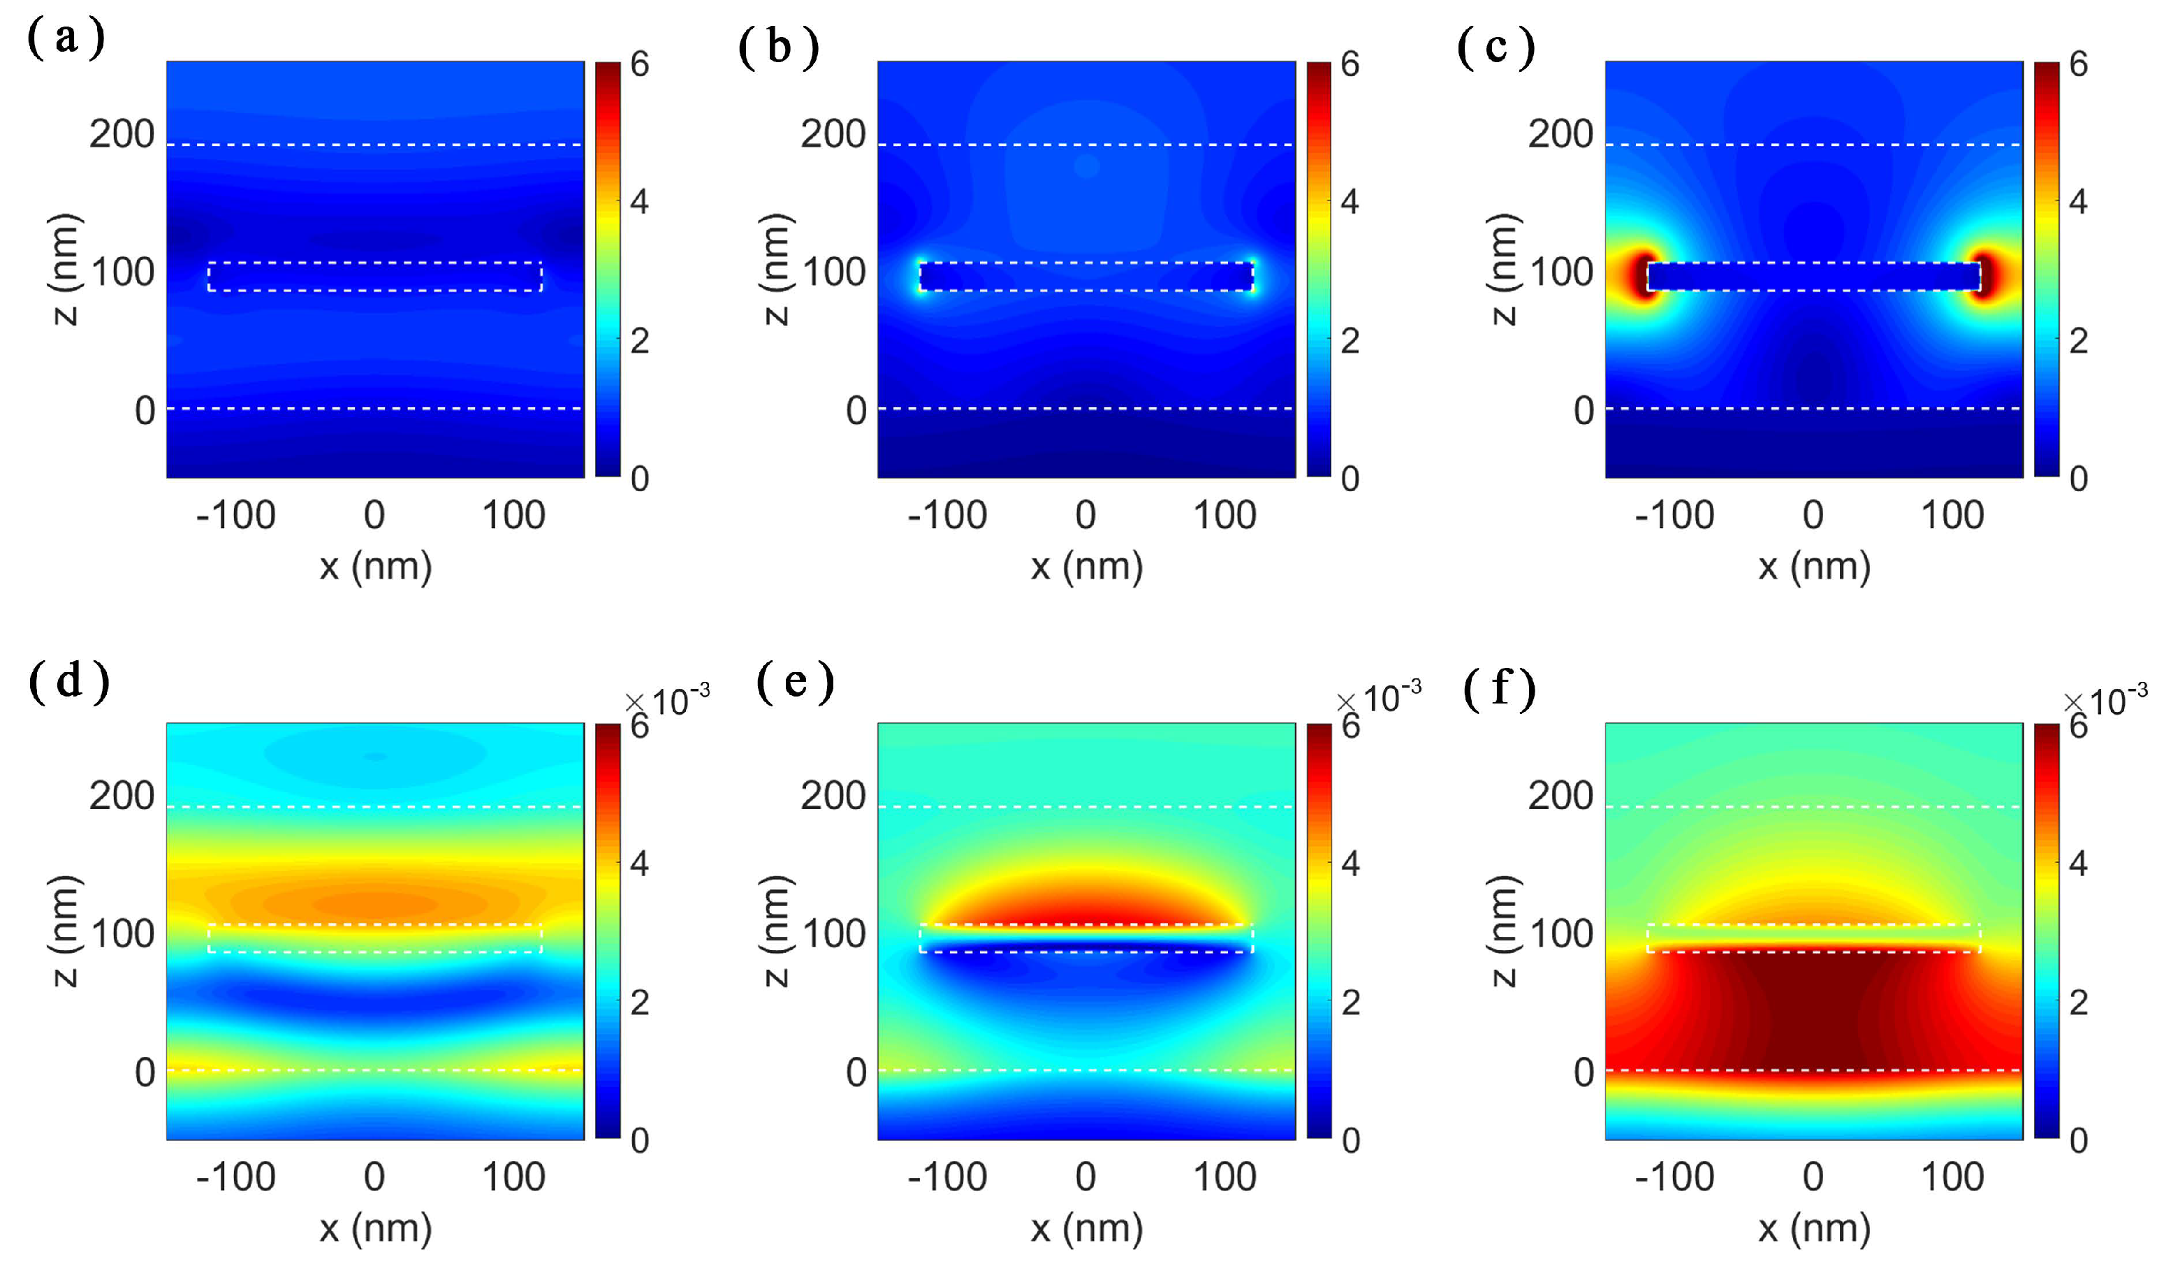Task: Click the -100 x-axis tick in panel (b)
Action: click(x=946, y=516)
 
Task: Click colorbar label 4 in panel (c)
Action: click(x=2077, y=203)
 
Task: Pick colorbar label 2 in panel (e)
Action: click(x=1350, y=1003)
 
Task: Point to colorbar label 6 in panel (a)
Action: click(x=638, y=64)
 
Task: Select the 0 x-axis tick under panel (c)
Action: click(x=1812, y=516)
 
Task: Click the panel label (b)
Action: click(x=777, y=46)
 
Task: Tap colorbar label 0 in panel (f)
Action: click(x=2077, y=1140)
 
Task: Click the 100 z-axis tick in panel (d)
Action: click(x=122, y=933)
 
